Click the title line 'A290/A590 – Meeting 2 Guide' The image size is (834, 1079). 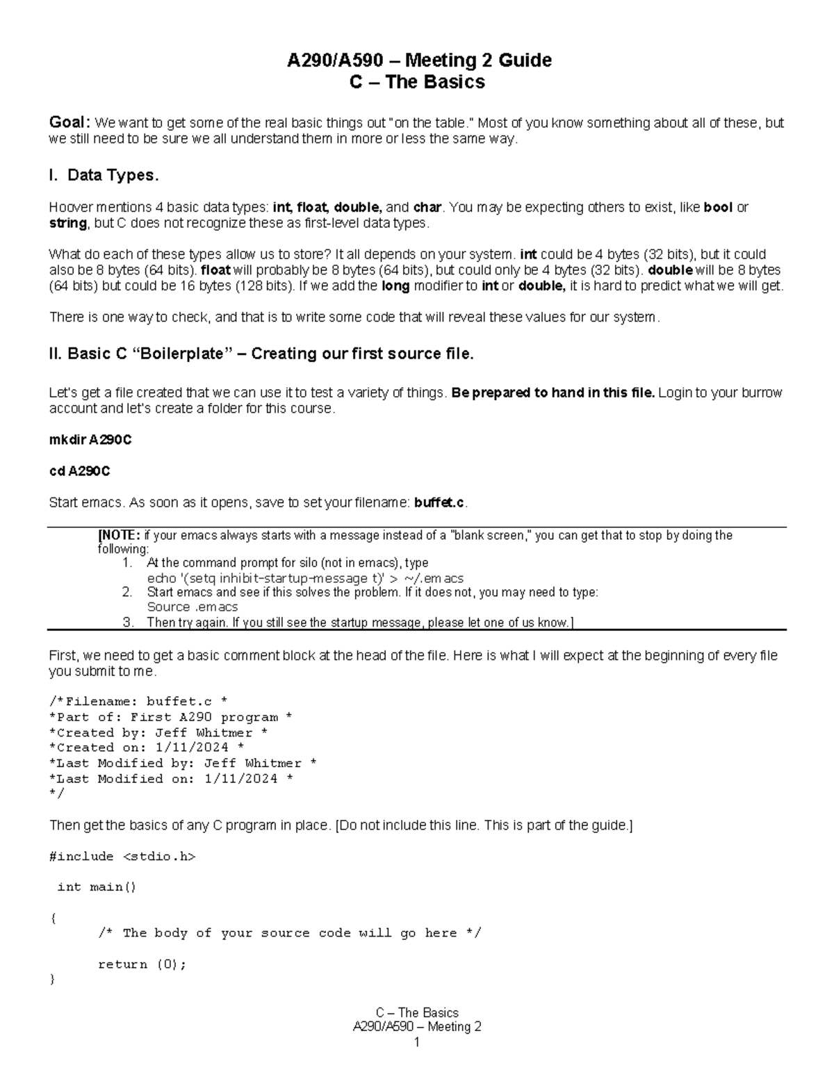(419, 60)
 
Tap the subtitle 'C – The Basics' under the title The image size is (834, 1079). (417, 82)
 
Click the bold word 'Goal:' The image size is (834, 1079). (69, 123)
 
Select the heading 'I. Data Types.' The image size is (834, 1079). (104, 176)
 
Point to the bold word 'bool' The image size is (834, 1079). (718, 207)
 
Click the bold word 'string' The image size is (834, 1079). (67, 223)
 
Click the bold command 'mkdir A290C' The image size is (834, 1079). (90, 440)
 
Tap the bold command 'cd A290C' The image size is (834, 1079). (79, 471)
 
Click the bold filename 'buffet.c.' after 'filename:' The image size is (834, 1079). (441, 502)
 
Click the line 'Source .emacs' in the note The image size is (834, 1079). (192, 607)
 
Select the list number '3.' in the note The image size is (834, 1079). (127, 623)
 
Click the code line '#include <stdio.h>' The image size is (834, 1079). (122, 857)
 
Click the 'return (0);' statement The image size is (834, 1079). (142, 964)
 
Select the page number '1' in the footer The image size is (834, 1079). (417, 1042)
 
